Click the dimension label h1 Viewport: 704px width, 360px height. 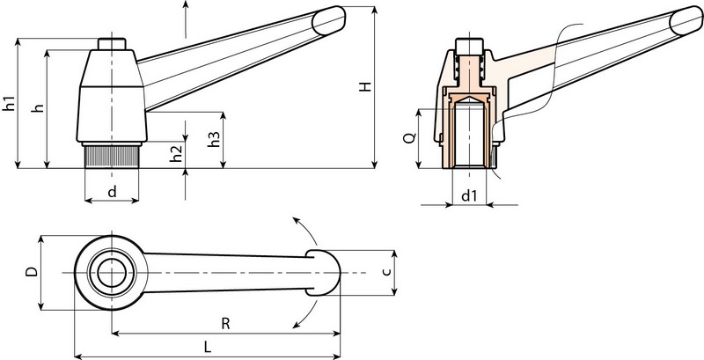[x=10, y=101]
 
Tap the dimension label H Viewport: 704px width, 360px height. [x=363, y=88]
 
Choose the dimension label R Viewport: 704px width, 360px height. [x=226, y=323]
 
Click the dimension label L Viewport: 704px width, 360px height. [x=208, y=347]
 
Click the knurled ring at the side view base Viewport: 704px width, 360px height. [x=112, y=158]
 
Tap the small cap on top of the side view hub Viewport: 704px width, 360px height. [x=112, y=44]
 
